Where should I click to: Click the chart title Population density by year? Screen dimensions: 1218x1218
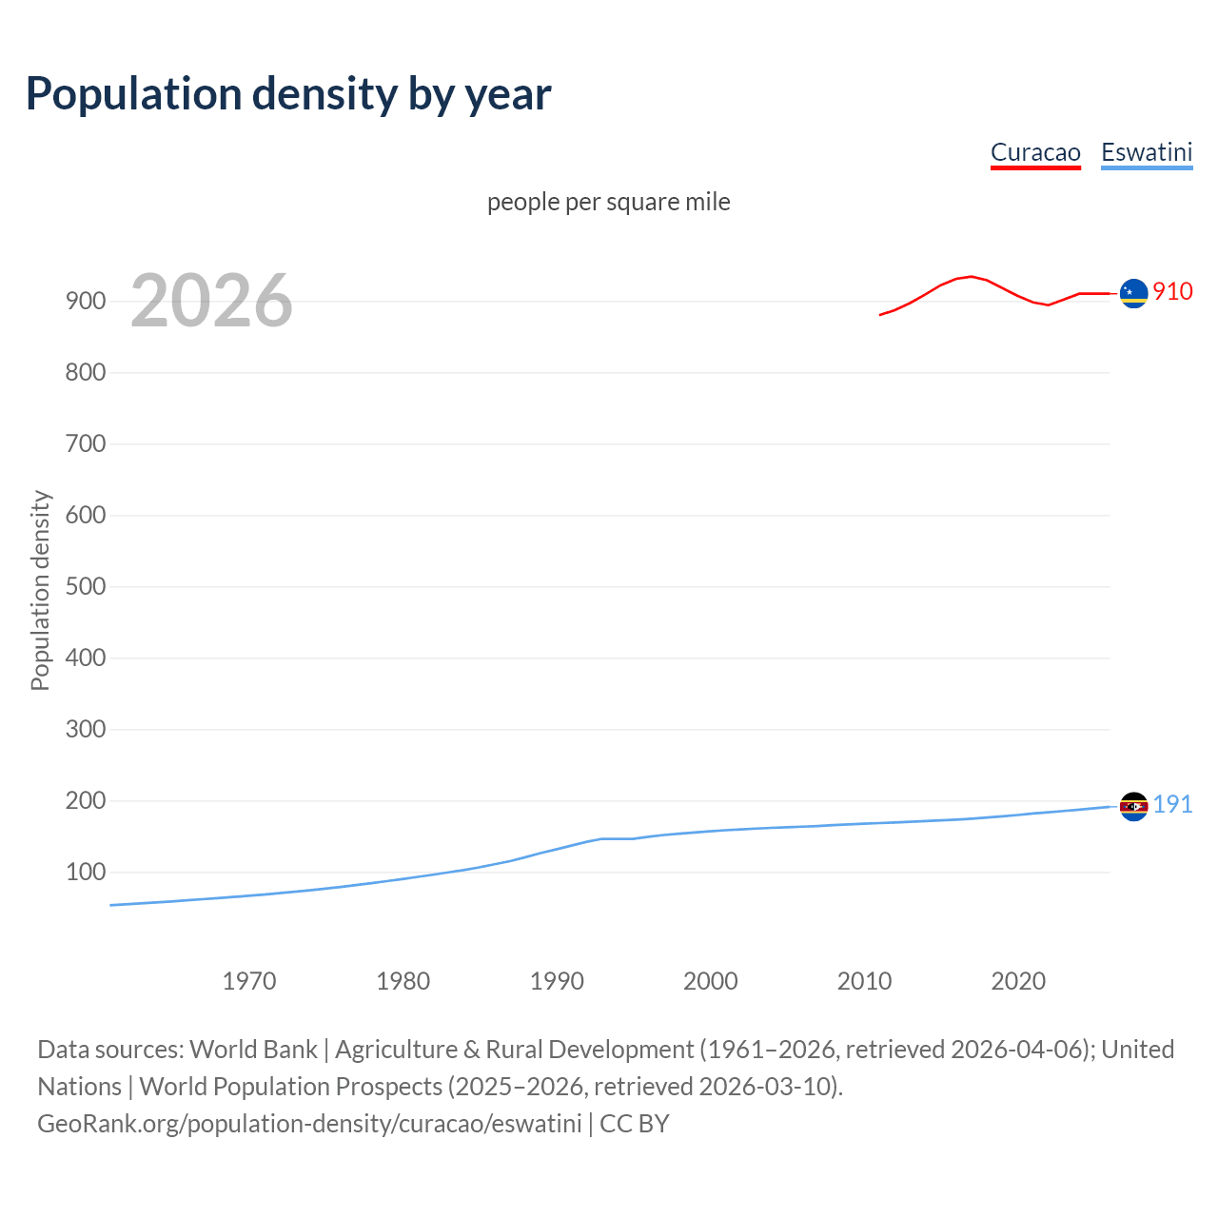288,94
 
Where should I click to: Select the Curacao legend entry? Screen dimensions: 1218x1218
1035,152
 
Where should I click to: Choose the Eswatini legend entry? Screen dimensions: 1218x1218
1147,152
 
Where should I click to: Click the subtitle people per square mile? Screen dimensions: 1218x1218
608,202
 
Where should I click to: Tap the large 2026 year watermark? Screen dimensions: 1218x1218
211,301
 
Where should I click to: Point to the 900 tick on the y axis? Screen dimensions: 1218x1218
85,301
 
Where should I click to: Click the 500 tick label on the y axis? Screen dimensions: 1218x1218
85,586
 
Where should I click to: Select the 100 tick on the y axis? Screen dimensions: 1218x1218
85,872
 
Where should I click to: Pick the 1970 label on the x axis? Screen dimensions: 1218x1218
249,981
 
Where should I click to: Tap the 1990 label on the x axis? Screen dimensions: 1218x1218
557,981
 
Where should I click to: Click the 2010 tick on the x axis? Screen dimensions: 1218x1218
864,981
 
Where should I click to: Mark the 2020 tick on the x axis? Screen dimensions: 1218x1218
1018,981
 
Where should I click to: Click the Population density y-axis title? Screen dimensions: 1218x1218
40,590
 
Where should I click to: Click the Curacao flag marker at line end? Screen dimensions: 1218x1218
1133,294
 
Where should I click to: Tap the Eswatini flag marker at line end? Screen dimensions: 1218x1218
1133,806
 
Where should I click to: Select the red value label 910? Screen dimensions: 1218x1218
1172,292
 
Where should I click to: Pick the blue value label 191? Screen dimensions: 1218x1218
1172,805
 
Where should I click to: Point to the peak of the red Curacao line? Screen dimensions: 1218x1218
970,276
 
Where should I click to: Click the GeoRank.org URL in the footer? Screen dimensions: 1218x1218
309,1124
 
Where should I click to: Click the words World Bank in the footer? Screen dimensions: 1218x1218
253,1050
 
